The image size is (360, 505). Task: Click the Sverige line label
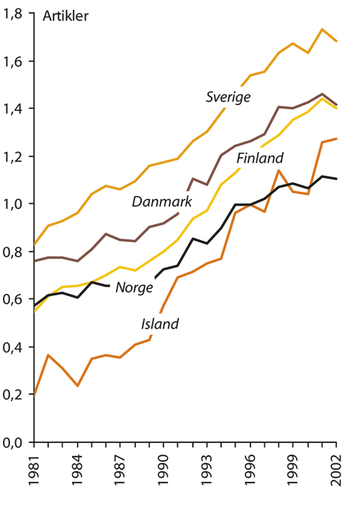pos(228,97)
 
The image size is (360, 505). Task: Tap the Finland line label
pos(260,158)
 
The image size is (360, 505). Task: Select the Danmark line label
pos(161,202)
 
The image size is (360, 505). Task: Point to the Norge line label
pos(135,287)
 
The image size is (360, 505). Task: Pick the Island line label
pos(158,323)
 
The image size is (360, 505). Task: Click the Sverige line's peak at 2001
pos(322,29)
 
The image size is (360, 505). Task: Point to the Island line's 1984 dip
pos(77,386)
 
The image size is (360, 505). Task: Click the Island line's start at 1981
pos(35,395)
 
